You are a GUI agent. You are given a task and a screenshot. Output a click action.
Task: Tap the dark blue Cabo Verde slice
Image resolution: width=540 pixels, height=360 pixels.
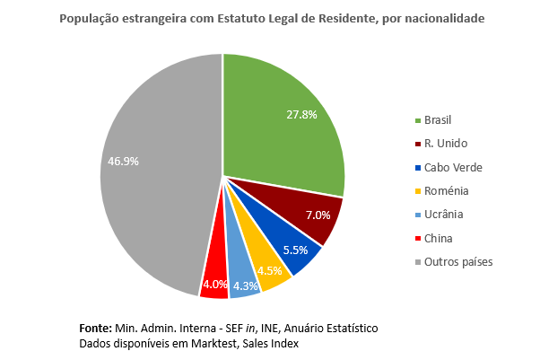pos(292,244)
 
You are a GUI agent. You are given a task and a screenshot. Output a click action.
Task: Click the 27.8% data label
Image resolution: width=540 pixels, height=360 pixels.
pos(302,115)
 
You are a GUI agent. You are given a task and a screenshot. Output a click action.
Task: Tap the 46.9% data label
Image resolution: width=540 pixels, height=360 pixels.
pos(123,161)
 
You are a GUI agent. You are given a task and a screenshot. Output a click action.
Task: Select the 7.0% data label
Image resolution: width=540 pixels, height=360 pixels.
pos(318,215)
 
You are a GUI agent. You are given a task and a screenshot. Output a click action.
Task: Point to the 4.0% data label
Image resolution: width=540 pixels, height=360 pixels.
pos(214,285)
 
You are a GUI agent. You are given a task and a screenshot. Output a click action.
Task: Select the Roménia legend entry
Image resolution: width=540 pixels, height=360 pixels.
pos(446,190)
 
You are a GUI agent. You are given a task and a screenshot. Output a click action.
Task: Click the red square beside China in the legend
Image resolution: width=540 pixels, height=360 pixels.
pos(417,238)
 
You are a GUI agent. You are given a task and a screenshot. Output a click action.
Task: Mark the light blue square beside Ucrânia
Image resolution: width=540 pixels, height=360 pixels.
pos(417,215)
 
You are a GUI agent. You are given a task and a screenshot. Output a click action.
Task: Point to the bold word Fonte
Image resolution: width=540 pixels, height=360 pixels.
pos(94,329)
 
